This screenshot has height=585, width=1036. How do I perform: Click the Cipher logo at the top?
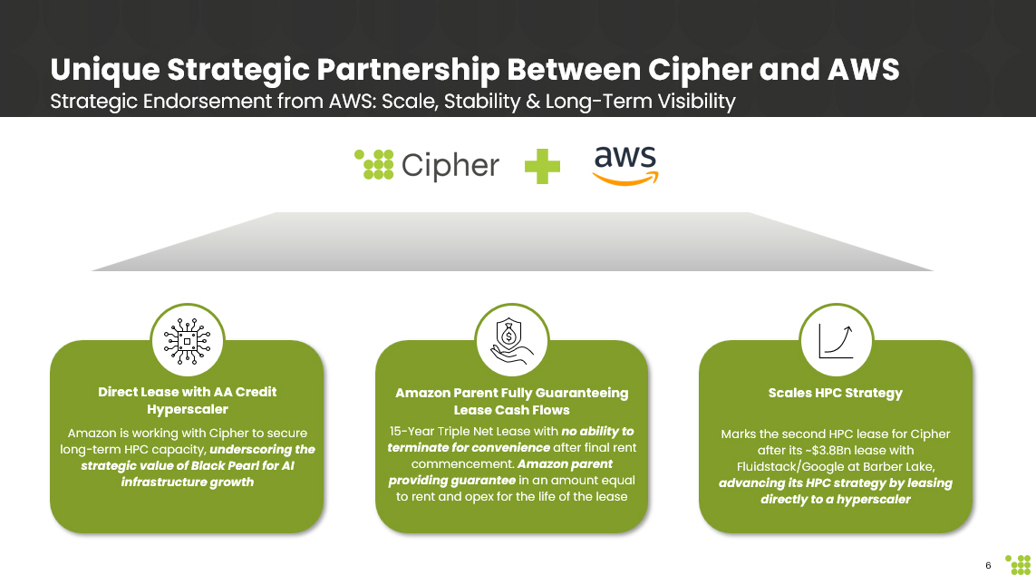point(426,165)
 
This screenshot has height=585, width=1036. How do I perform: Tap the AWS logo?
point(625,165)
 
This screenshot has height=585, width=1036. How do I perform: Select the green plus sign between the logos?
point(542,166)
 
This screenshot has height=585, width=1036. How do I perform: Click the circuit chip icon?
point(187,340)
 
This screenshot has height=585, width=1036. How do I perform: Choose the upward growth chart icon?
point(836,340)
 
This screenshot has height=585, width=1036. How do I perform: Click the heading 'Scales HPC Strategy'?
point(835,393)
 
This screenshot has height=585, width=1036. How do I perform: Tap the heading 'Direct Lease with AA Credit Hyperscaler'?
point(187,401)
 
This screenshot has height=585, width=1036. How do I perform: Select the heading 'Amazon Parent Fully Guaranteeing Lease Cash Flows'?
point(511,402)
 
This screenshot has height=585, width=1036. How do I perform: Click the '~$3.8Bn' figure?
point(860,450)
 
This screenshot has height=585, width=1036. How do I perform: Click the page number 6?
point(988,566)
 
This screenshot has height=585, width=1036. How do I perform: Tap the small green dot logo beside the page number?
point(1018,564)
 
